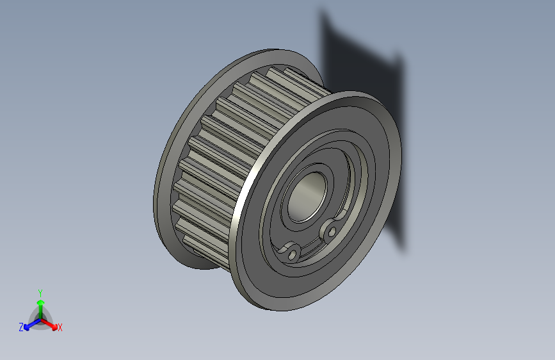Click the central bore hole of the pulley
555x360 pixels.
tap(307, 196)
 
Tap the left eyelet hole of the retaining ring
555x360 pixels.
tap(293, 254)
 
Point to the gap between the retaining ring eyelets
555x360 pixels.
tap(313, 244)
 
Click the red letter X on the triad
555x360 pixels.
tap(60, 328)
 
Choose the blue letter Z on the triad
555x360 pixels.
tap(21, 327)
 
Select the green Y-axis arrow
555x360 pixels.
tap(40, 307)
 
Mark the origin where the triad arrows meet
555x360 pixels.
tap(40, 318)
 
